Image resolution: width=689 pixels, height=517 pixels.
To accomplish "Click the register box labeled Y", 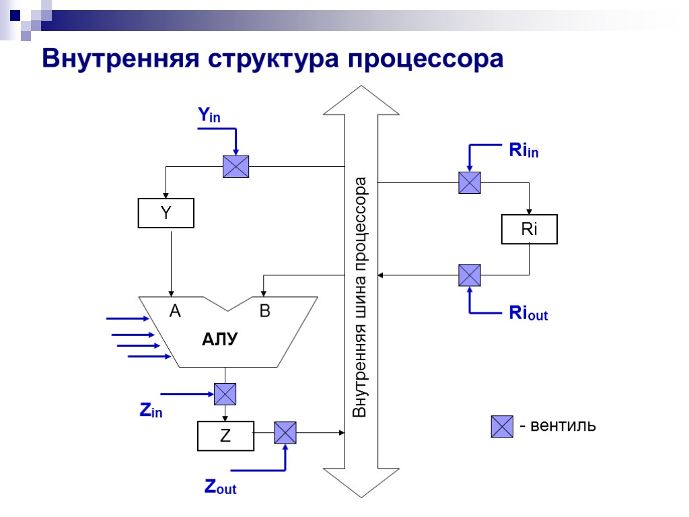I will pyautogui.click(x=166, y=213).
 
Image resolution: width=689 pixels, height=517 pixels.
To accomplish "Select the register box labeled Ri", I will pyautogui.click(x=530, y=229).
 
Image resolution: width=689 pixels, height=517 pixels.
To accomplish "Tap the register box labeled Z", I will pyautogui.click(x=225, y=436).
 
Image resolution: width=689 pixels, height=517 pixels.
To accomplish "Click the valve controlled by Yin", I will pyautogui.click(x=235, y=166).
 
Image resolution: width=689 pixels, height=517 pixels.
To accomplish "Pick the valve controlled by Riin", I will pyautogui.click(x=470, y=182).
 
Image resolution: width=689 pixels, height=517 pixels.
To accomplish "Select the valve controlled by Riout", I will pyautogui.click(x=470, y=275).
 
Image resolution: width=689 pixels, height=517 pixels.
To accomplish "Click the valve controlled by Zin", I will pyautogui.click(x=225, y=393).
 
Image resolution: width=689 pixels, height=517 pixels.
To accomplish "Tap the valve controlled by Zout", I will pyautogui.click(x=285, y=432).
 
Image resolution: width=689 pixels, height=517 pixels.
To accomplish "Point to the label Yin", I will pyautogui.click(x=209, y=116).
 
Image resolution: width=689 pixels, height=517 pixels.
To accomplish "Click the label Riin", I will pyautogui.click(x=523, y=151).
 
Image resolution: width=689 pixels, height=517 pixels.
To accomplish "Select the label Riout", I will pyautogui.click(x=528, y=313).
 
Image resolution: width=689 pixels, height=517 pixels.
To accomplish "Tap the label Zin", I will pyautogui.click(x=151, y=411).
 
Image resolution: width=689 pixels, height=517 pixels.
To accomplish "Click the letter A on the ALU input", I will pyautogui.click(x=175, y=311).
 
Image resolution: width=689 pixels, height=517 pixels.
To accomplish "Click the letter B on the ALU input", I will pyautogui.click(x=264, y=311).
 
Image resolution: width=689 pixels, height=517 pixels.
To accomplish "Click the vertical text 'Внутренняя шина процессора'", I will pyautogui.click(x=361, y=296).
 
